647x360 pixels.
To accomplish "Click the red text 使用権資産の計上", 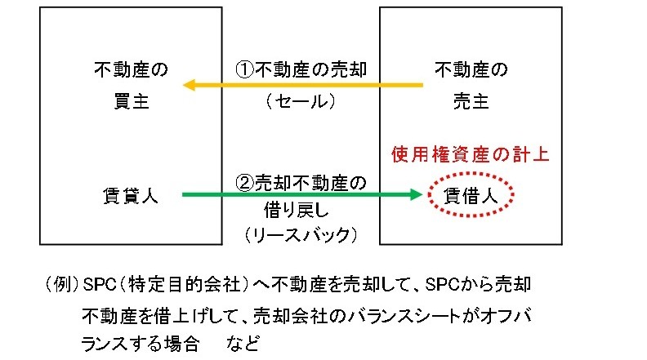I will (x=469, y=153).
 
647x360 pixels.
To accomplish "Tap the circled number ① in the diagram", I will (x=244, y=69).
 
